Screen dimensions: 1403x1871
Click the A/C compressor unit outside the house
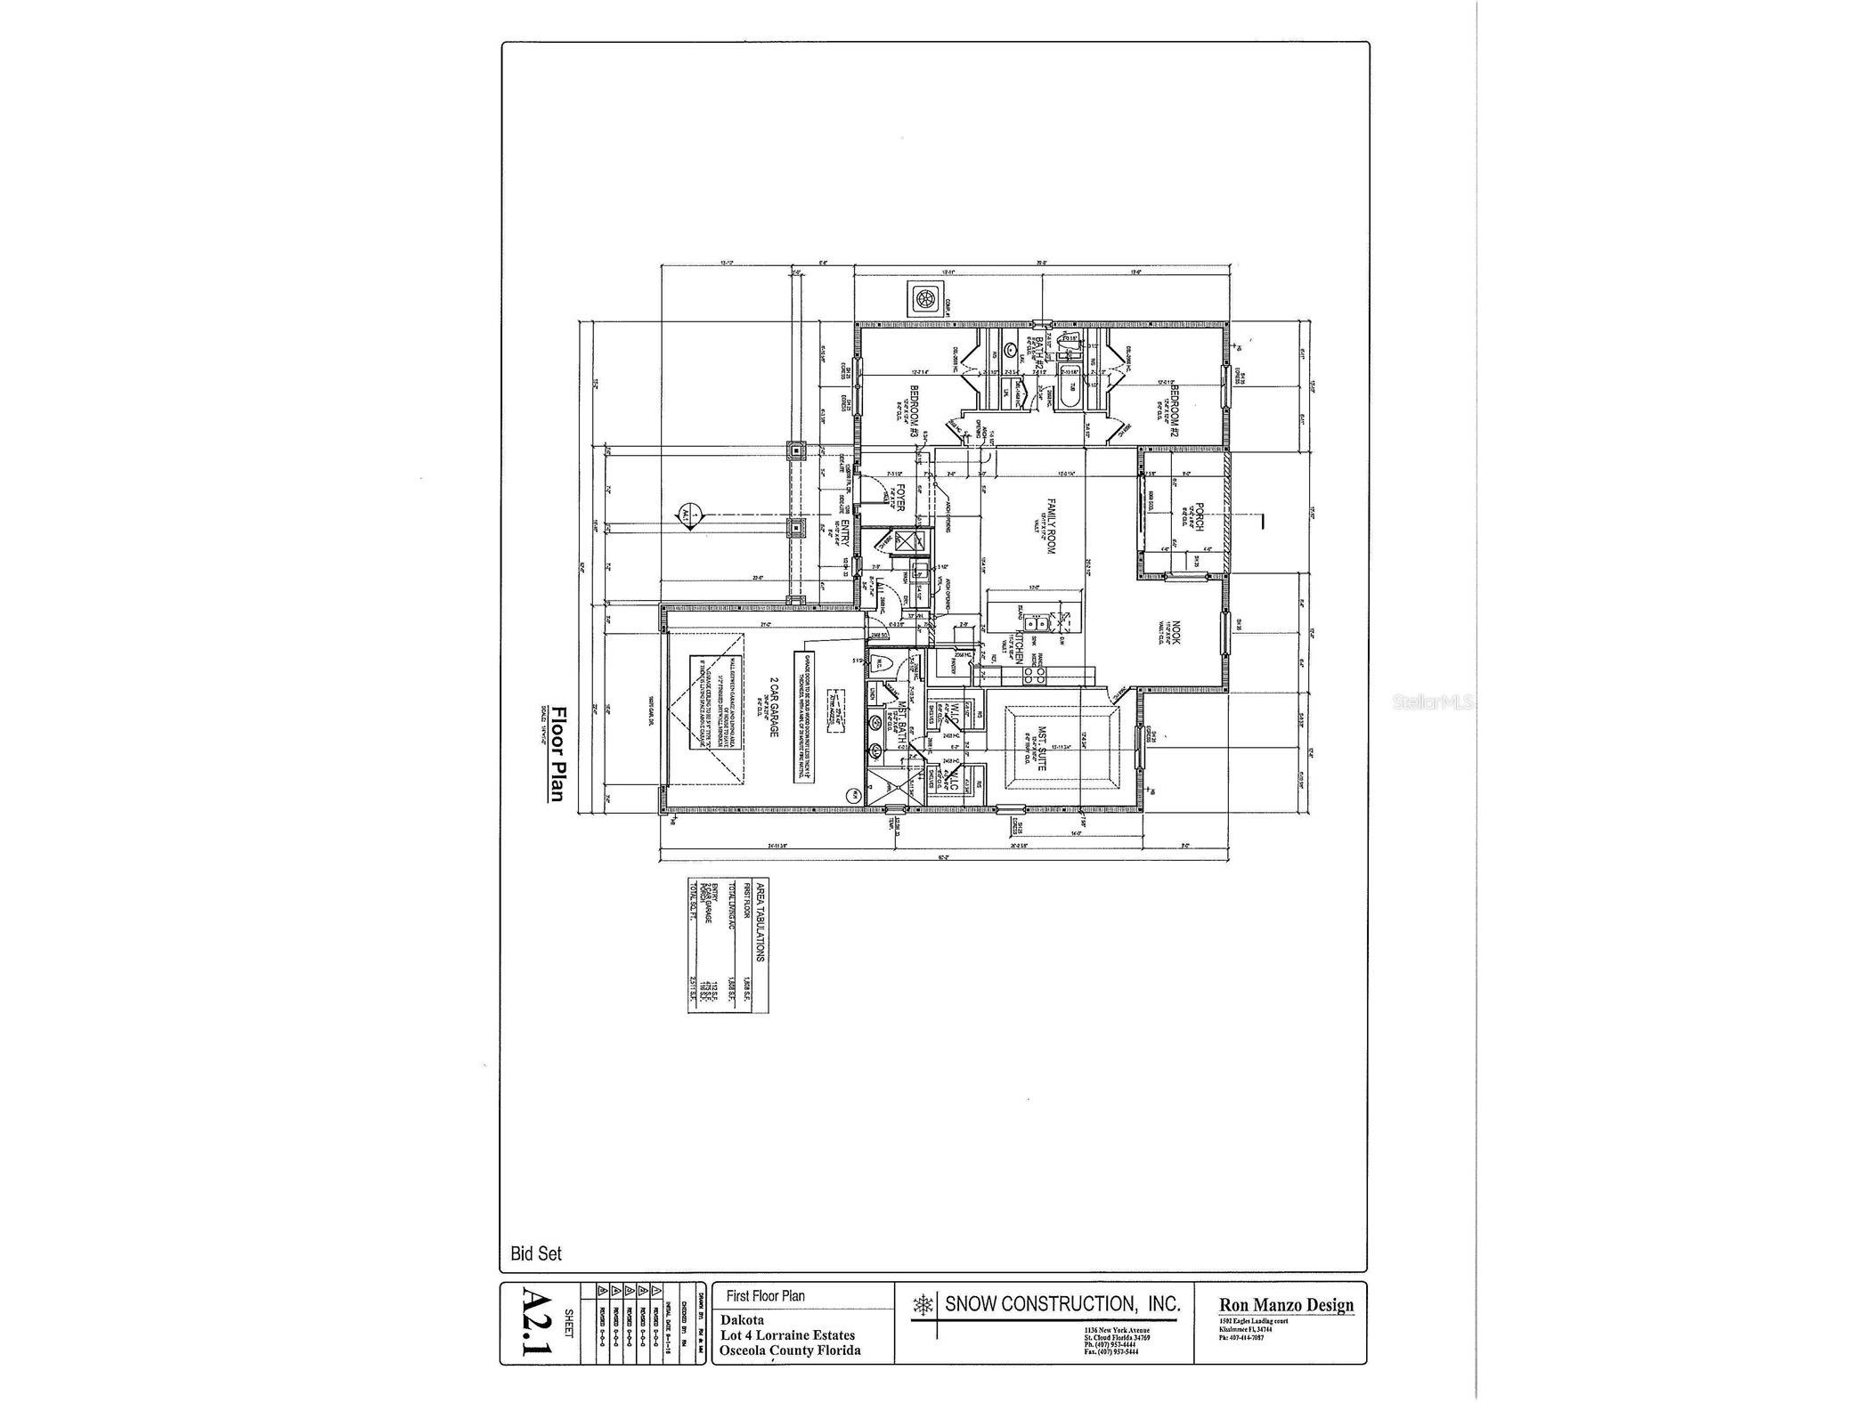[924, 298]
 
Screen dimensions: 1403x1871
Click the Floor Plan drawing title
[558, 753]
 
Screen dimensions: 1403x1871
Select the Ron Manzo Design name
[1286, 1305]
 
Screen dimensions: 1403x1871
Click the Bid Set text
[536, 1253]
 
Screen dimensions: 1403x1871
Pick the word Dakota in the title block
[743, 1319]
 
